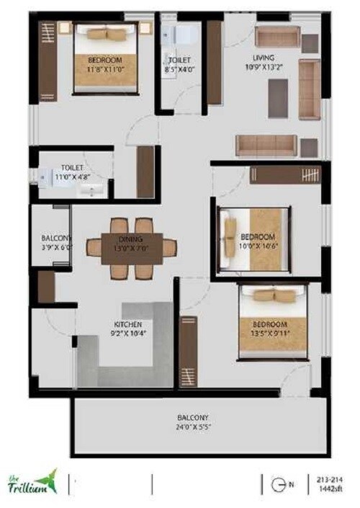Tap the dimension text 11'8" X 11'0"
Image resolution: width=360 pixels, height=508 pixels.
tap(105, 69)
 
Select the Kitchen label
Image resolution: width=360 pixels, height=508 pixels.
tap(127, 324)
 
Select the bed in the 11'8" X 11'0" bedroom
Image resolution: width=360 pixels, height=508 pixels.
tap(106, 54)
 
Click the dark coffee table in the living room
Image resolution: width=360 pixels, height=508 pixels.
tap(279, 98)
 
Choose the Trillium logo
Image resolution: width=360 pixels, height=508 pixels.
tap(33, 482)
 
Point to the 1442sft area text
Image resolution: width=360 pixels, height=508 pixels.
tap(328, 489)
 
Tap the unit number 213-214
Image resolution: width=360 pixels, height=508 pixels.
tap(328, 478)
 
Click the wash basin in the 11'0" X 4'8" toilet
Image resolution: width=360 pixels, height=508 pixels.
tap(91, 190)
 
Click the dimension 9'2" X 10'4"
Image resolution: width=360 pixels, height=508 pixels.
tap(127, 334)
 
